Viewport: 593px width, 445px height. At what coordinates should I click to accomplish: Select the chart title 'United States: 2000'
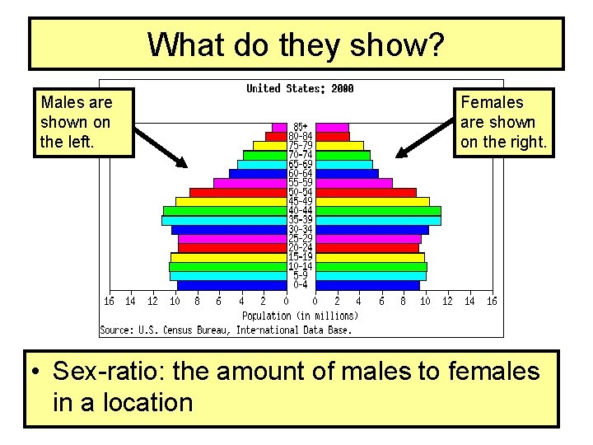[300, 88]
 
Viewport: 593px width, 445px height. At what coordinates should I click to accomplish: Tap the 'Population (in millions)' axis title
[300, 316]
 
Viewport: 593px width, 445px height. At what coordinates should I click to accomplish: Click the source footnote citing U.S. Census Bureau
[226, 330]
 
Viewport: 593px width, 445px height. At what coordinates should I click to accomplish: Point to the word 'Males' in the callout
[63, 102]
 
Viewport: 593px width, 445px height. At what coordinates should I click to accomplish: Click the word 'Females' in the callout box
[492, 102]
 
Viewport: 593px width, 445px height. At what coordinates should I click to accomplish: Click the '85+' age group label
[301, 127]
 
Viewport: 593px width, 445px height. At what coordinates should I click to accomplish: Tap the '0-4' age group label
[301, 285]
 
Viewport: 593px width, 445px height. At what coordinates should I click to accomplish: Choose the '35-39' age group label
[301, 220]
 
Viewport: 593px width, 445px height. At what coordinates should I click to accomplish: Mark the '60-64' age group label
[301, 174]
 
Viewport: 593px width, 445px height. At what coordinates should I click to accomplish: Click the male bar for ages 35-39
[223, 220]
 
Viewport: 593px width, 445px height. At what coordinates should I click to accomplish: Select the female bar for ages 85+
[332, 127]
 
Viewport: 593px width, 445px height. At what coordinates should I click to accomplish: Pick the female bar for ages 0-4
[367, 285]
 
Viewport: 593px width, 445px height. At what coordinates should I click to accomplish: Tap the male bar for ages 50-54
[238, 192]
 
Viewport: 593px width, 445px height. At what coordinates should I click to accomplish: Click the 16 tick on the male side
[109, 302]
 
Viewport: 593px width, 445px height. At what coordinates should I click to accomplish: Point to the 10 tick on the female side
[425, 302]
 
